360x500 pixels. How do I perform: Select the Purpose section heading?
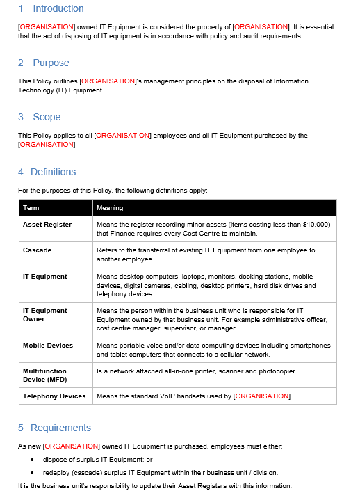coord(51,63)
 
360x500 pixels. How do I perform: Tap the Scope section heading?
coord(47,117)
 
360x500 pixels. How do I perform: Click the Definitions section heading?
coord(53,172)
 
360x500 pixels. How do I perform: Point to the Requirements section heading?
coord(60,428)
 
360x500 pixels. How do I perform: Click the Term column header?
coord(31,207)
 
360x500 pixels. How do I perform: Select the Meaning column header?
coord(110,207)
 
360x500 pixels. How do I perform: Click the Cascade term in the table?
coord(37,250)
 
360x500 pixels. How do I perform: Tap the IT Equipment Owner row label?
coord(45,315)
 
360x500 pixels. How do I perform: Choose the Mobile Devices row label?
coord(48,346)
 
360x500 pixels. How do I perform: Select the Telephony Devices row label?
coord(54,396)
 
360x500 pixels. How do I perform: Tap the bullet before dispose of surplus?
coord(33,460)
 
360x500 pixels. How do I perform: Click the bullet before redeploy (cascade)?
coord(33,473)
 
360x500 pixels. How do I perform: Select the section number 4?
coord(21,172)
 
